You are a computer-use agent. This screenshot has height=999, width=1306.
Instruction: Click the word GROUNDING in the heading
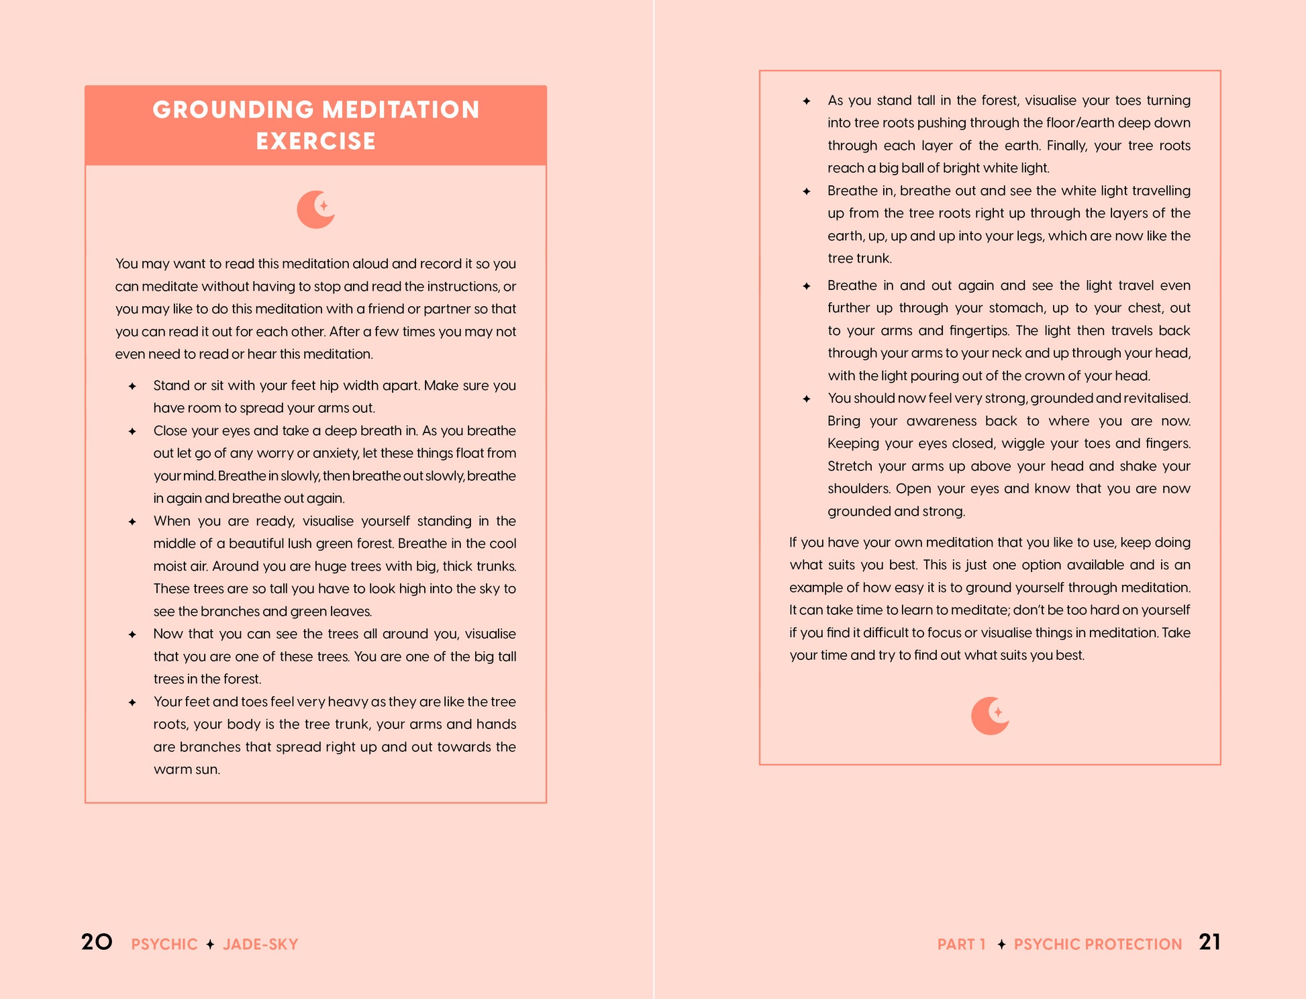click(x=233, y=109)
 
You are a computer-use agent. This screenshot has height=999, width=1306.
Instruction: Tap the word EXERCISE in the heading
click(x=315, y=141)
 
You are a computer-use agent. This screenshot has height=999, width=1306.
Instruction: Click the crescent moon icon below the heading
click(x=315, y=209)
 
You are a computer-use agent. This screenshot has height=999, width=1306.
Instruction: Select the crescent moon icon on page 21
click(x=990, y=716)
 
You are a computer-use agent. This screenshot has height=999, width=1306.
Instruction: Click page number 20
click(x=97, y=942)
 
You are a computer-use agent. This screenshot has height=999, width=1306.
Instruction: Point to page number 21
click(x=1209, y=942)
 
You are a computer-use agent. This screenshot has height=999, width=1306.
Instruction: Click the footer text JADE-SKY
click(x=260, y=945)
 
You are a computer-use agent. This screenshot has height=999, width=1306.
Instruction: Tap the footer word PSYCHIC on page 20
click(x=164, y=945)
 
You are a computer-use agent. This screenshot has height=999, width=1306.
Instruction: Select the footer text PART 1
click(x=961, y=945)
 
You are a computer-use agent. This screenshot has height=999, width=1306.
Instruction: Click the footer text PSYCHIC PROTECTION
click(x=1097, y=945)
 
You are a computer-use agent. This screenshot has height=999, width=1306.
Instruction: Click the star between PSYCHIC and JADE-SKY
click(x=210, y=945)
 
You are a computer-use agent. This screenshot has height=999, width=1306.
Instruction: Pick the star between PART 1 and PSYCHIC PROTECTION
click(x=1001, y=945)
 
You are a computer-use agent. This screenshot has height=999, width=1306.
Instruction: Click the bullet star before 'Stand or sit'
click(x=132, y=386)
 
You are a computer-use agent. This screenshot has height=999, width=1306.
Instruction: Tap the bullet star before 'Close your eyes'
click(x=132, y=431)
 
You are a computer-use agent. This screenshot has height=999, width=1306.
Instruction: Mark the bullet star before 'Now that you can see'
click(x=132, y=634)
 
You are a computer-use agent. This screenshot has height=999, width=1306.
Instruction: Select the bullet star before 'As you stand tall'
click(x=807, y=101)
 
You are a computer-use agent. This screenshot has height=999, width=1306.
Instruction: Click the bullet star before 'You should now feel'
click(x=807, y=399)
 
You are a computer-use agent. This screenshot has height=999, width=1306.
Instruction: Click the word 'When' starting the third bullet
click(x=172, y=521)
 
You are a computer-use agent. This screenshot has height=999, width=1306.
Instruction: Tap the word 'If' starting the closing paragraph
click(x=797, y=542)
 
